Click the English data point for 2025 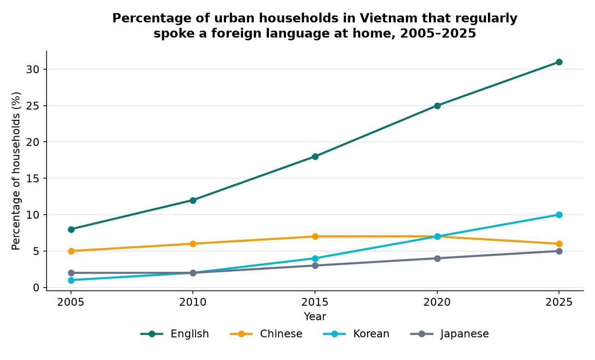pyautogui.click(x=559, y=62)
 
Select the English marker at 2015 pyautogui.click(x=315, y=156)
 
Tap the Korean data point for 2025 pyautogui.click(x=559, y=215)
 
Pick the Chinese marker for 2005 pyautogui.click(x=71, y=251)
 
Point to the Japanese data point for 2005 pyautogui.click(x=71, y=273)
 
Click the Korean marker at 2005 pyautogui.click(x=71, y=280)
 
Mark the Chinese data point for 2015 pyautogui.click(x=315, y=236)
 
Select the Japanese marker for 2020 pyautogui.click(x=437, y=258)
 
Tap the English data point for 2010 pyautogui.click(x=193, y=200)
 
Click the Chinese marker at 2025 pyautogui.click(x=559, y=244)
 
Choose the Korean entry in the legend pyautogui.click(x=356, y=334)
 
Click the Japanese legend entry pyautogui.click(x=449, y=334)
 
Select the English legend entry pyautogui.click(x=174, y=334)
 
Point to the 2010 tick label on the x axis pyautogui.click(x=193, y=302)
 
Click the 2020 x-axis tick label pyautogui.click(x=437, y=302)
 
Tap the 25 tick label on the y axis pyautogui.click(x=33, y=106)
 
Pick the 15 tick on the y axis pyautogui.click(x=33, y=179)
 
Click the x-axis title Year pyautogui.click(x=315, y=317)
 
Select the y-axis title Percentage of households pyautogui.click(x=16, y=171)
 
